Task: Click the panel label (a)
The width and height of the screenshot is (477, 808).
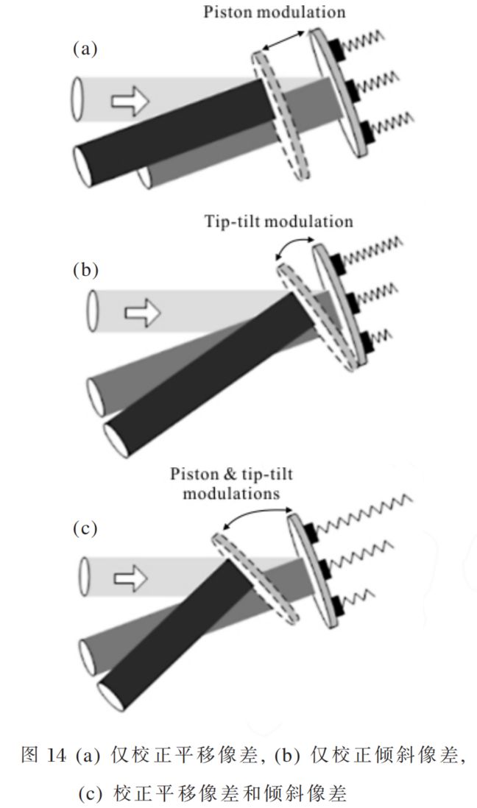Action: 85,49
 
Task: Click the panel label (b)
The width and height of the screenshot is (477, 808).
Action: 85,269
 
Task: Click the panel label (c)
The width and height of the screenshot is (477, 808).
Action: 85,528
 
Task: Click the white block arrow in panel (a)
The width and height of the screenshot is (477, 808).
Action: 130,99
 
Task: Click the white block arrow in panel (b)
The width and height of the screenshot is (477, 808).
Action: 143,313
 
